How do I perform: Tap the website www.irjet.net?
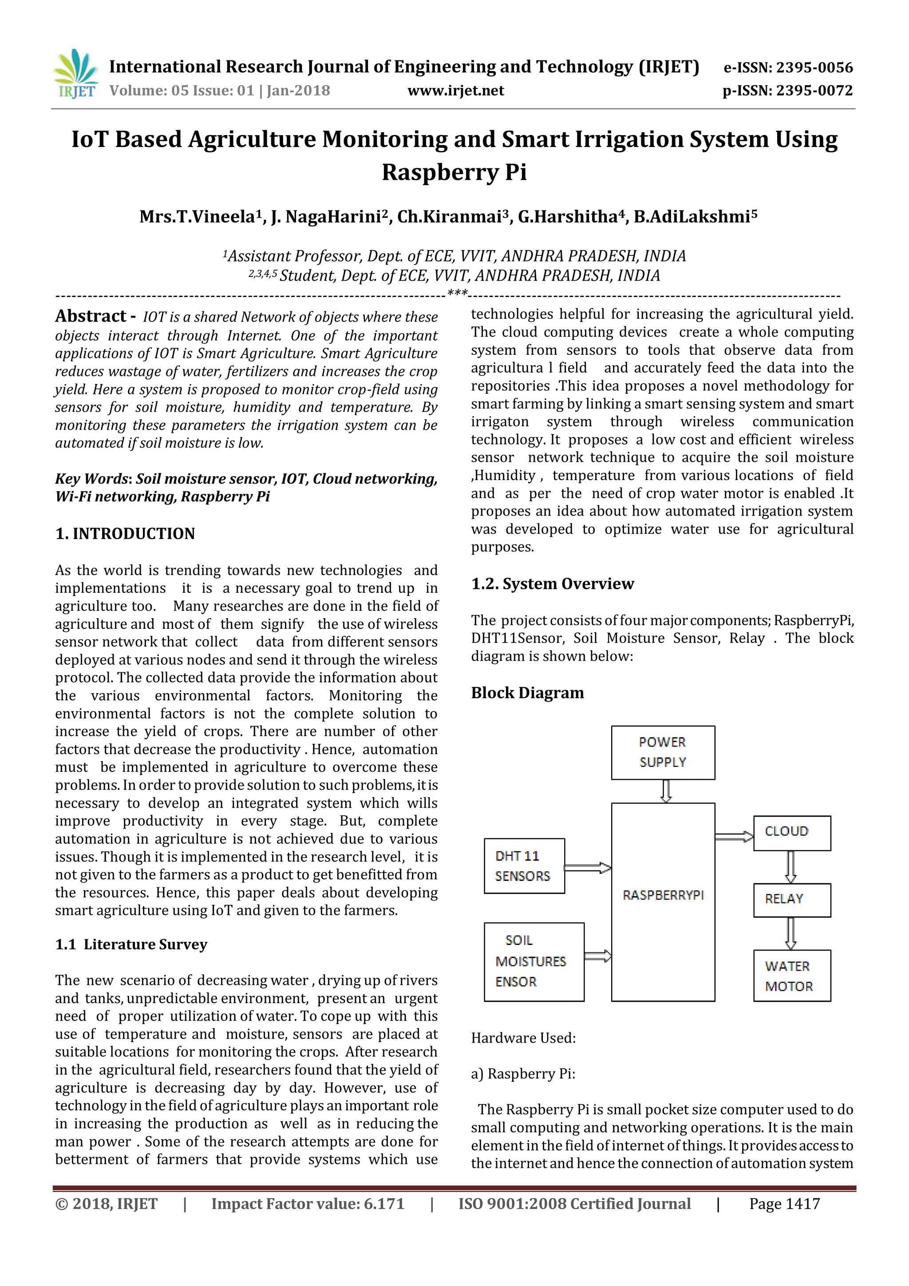point(456,91)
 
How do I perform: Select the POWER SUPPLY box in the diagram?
point(663,752)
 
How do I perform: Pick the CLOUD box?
point(791,833)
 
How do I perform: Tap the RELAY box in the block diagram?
point(791,900)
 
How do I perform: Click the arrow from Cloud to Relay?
point(790,866)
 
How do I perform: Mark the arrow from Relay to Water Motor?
point(790,933)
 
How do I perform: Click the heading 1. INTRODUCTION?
point(125,533)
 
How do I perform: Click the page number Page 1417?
point(784,1204)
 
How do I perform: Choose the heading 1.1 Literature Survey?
point(131,945)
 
